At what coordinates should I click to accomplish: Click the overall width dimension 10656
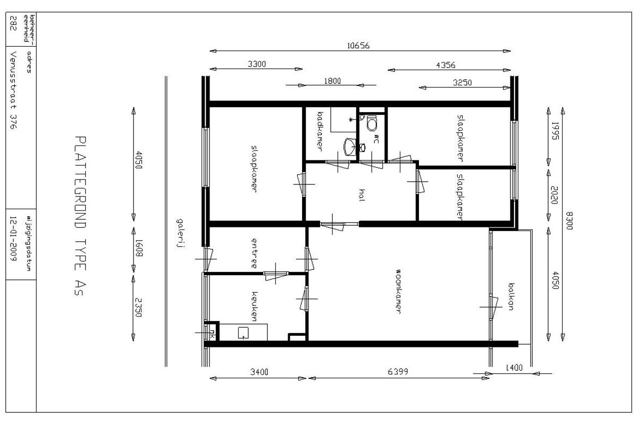pyautogui.click(x=358, y=46)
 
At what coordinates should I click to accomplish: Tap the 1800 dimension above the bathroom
pyautogui.click(x=332, y=81)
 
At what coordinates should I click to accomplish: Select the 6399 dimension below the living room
pyautogui.click(x=398, y=371)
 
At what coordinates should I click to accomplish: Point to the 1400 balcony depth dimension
pyautogui.click(x=514, y=368)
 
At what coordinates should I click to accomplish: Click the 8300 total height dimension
pyautogui.click(x=569, y=221)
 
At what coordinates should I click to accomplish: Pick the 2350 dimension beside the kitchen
pyautogui.click(x=138, y=308)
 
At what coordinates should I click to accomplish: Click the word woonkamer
pyautogui.click(x=398, y=292)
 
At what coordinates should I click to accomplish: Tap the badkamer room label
pyautogui.click(x=320, y=131)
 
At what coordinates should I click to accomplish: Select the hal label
pyautogui.click(x=362, y=195)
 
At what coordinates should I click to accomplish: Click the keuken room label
pyautogui.click(x=254, y=307)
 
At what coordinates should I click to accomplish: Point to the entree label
pyautogui.click(x=254, y=253)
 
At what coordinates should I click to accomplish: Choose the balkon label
pyautogui.click(x=511, y=296)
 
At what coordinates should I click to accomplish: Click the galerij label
pyautogui.click(x=180, y=233)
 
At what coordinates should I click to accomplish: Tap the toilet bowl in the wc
pyautogui.click(x=372, y=123)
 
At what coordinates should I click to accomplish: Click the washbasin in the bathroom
pyautogui.click(x=350, y=147)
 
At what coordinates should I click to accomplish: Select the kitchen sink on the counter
pyautogui.click(x=243, y=333)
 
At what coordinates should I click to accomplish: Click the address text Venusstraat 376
pyautogui.click(x=13, y=90)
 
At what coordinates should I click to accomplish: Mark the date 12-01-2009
pyautogui.click(x=13, y=239)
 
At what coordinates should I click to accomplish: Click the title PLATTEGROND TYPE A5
pyautogui.click(x=80, y=216)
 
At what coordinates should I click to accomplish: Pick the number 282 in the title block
pyautogui.click(x=13, y=23)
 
